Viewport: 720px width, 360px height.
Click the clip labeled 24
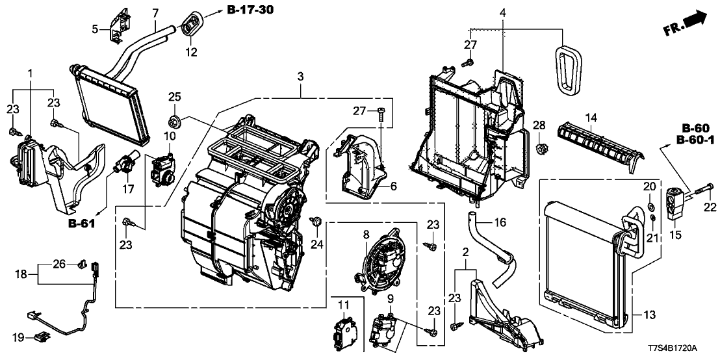[316, 223]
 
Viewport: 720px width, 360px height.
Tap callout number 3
[300, 77]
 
